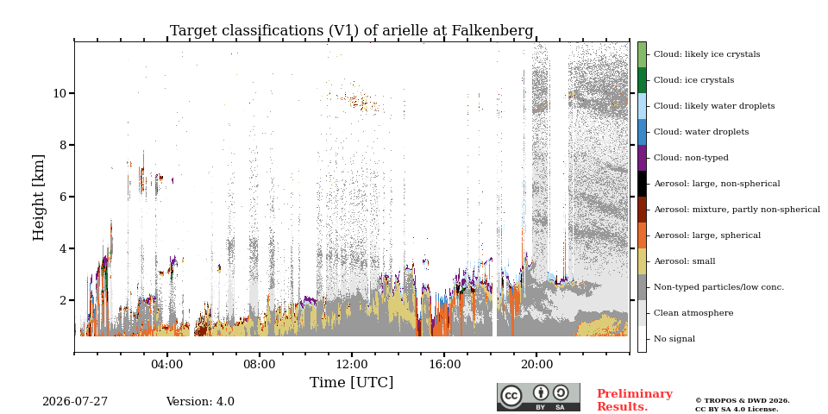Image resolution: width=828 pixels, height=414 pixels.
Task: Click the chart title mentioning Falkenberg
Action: coord(352,31)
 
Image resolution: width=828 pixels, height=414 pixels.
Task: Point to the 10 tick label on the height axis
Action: coord(61,93)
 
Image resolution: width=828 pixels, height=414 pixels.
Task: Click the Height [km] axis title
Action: coord(39,198)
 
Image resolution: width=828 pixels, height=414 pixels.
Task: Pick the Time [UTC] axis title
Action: coord(352,382)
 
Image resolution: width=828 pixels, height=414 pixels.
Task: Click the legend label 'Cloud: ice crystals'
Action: coord(693,80)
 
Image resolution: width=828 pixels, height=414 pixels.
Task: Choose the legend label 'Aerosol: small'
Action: coord(685,261)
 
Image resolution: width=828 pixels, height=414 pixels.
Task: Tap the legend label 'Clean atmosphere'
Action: coord(693,313)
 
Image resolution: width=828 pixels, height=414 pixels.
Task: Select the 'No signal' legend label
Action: coord(674,339)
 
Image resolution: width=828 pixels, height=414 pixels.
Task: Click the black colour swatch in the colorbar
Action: coord(642,184)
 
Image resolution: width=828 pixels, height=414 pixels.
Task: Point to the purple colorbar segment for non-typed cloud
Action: coord(642,158)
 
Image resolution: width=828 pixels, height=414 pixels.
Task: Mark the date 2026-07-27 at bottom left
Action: coord(75,402)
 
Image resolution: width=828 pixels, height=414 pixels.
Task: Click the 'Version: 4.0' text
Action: coord(200,402)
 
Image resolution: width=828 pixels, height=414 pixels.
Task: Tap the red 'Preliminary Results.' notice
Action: coord(635,400)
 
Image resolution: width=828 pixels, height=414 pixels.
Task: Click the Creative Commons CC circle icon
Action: coord(511,396)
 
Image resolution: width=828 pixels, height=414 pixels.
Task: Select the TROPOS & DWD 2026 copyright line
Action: coord(743,401)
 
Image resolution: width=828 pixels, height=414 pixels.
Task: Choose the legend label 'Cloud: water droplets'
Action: coord(701,132)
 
